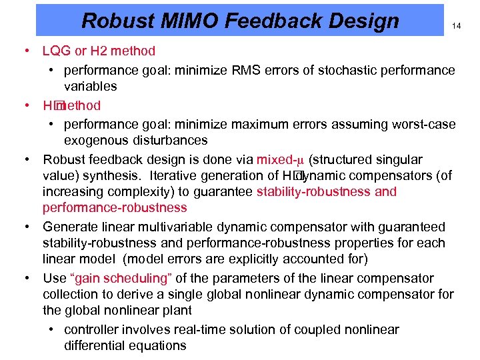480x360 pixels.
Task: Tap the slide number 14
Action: pos(457,26)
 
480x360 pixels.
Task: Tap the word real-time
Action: pos(199,329)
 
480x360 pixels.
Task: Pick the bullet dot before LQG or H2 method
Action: pos(25,51)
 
